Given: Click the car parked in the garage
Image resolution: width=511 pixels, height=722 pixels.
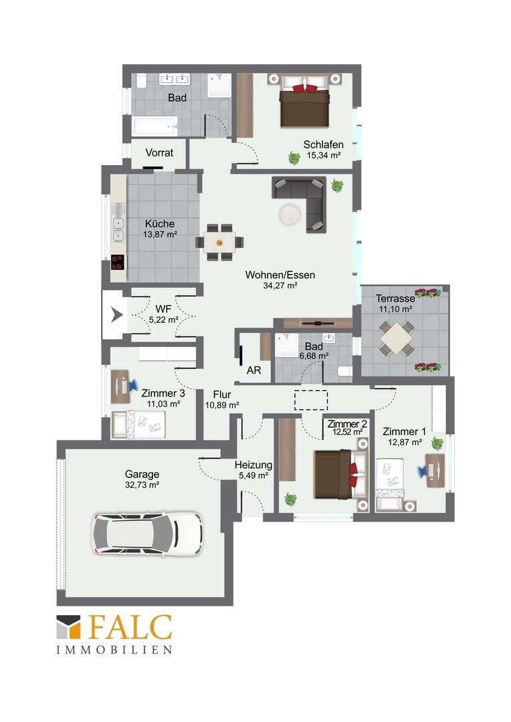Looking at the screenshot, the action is point(147,533).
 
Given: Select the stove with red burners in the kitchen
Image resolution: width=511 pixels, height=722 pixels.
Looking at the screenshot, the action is point(118,262).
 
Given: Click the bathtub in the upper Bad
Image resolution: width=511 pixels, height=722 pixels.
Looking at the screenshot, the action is point(155,126).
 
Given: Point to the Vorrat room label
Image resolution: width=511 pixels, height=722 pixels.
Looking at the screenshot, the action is point(159,152).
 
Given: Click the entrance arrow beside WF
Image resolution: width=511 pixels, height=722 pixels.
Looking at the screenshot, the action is point(117,316).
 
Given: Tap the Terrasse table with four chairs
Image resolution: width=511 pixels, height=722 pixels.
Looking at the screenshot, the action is point(396,338).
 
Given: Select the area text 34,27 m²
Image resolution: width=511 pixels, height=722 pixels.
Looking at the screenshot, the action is point(280,285).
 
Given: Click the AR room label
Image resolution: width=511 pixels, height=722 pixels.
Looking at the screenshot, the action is point(254,370).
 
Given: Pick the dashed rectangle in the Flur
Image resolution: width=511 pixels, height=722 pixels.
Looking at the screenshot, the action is point(311,400).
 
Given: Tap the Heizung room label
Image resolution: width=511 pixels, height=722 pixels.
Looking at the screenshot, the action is point(253,465).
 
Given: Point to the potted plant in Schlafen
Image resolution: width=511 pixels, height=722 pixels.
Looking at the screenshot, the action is point(294,158).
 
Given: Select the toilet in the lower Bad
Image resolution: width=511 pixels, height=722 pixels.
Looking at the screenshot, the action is point(344,371).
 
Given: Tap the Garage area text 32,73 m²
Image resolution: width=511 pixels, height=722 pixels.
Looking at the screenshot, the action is point(142,485).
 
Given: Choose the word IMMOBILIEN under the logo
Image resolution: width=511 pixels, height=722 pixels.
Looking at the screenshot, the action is point(114,650).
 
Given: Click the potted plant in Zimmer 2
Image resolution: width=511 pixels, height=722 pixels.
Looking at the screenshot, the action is point(290,499).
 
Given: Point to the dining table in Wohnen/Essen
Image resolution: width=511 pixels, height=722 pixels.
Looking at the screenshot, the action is point(220,242).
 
